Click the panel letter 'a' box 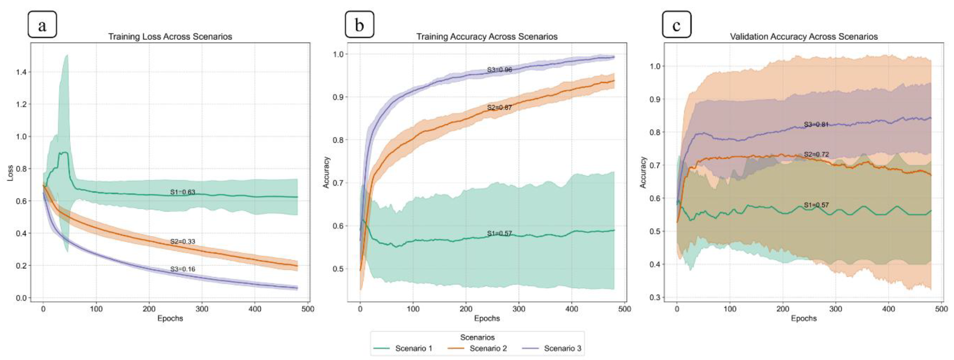[42, 24]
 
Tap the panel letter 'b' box [359, 24]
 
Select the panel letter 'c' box [676, 24]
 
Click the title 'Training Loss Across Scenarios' [170, 37]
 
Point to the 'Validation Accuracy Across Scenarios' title [804, 37]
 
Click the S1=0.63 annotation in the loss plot [183, 192]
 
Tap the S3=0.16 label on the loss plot [183, 269]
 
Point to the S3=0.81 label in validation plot [816, 125]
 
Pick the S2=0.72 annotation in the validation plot [816, 154]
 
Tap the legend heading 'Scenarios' [477, 337]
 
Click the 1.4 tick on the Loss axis [21, 72]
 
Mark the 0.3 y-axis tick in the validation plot [656, 297]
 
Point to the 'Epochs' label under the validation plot [804, 318]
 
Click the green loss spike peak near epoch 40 [67, 55]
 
